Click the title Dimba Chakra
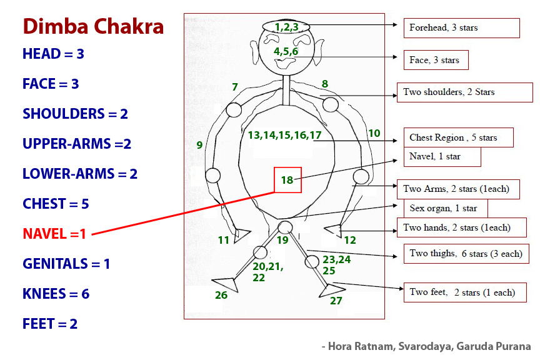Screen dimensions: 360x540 [93, 27]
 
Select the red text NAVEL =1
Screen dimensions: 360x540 [54, 234]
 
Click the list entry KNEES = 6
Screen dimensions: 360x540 [56, 294]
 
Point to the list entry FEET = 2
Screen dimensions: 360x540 [50, 324]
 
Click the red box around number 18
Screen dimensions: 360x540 [287, 180]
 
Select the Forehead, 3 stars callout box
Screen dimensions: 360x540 [461, 27]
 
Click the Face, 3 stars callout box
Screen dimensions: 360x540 [436, 60]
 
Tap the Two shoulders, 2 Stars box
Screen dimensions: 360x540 [464, 92]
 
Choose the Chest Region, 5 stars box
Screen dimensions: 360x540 [458, 137]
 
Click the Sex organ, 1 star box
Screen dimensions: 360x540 [445, 208]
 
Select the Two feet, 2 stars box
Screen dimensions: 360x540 [464, 292]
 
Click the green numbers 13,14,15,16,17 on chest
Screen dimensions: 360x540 [284, 135]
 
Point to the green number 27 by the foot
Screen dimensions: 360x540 [336, 301]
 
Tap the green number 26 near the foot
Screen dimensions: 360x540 [221, 295]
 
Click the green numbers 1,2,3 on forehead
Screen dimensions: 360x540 [286, 27]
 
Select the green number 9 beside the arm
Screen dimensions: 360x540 [199, 145]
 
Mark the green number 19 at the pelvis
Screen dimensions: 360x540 [282, 240]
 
